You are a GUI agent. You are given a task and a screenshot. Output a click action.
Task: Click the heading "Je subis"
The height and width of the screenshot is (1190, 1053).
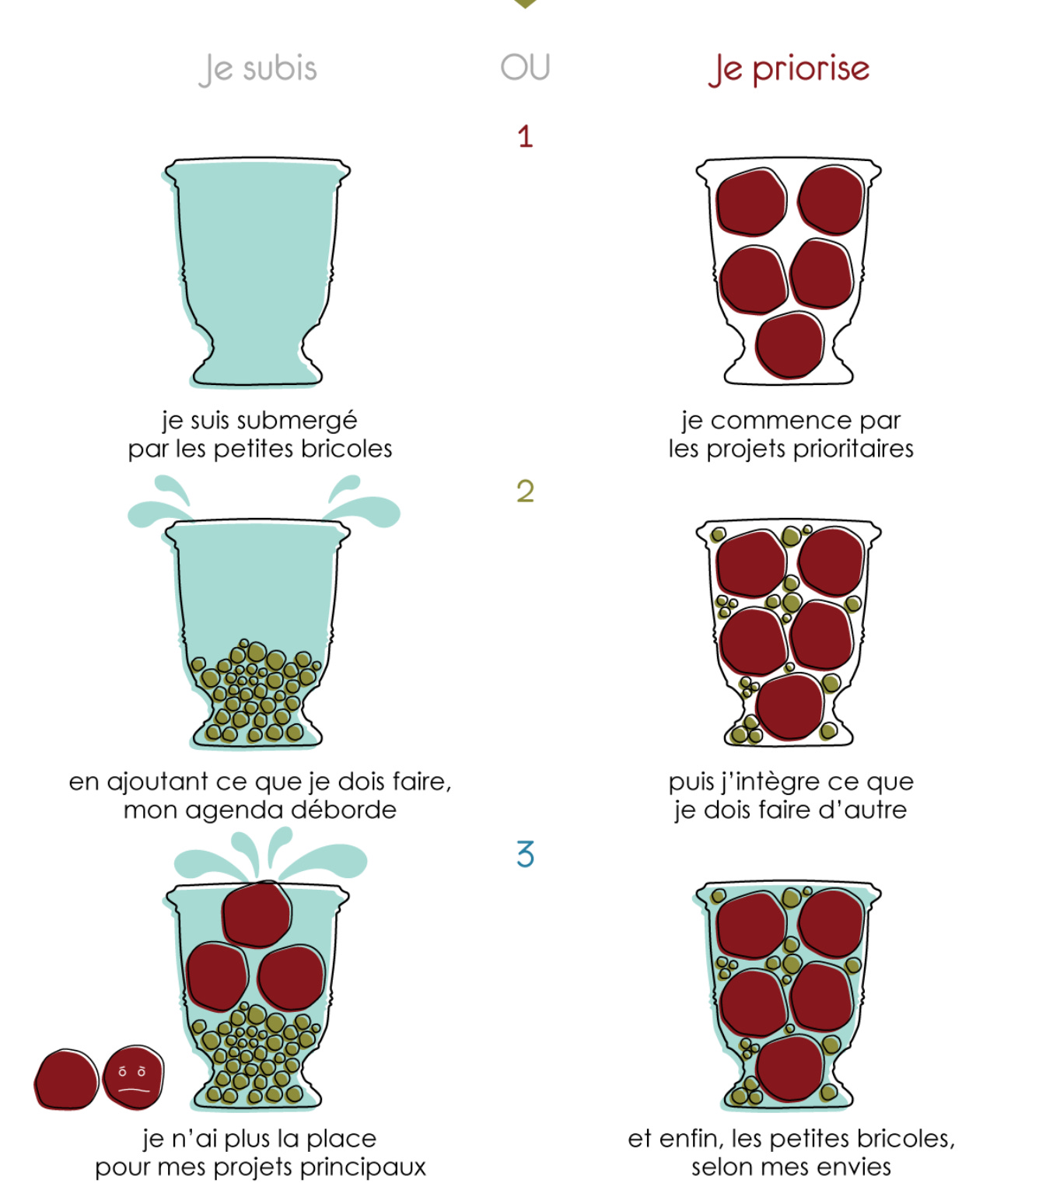[x=258, y=69]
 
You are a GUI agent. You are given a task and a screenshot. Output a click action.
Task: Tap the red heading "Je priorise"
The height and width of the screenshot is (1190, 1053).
[x=789, y=69]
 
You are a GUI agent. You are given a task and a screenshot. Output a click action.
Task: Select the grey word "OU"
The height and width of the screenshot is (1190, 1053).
[x=525, y=67]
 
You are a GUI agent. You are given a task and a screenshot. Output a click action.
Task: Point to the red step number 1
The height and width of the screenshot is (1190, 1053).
[x=525, y=136]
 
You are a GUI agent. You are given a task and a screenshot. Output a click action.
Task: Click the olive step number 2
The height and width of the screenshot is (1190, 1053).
[x=525, y=491]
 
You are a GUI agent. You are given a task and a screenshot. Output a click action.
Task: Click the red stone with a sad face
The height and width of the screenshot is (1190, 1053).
[x=133, y=1077]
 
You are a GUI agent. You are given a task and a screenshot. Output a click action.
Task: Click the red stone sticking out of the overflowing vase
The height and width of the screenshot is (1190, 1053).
[x=257, y=915]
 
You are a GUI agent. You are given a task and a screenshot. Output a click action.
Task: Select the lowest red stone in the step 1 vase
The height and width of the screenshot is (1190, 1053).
[x=789, y=345]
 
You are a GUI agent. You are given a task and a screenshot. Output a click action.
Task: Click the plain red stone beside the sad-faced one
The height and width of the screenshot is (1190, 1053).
[x=66, y=1079]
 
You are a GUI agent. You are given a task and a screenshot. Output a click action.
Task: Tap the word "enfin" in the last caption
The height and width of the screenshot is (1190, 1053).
[x=692, y=1139]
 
